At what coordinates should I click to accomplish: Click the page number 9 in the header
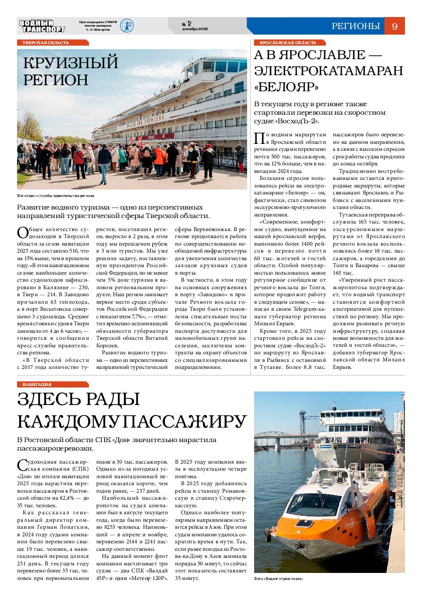(394, 27)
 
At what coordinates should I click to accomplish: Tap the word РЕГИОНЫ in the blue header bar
(355, 27)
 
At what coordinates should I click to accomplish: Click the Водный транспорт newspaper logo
(42, 26)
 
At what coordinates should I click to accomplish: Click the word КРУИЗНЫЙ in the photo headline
(71, 63)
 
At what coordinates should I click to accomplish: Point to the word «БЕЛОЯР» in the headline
(286, 87)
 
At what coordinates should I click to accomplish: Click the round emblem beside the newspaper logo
(126, 26)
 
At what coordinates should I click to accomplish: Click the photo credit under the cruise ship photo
(56, 195)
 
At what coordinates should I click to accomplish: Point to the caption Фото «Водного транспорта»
(279, 579)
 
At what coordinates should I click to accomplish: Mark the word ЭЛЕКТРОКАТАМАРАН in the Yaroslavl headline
(328, 70)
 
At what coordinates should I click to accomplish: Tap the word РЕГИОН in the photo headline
(56, 80)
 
